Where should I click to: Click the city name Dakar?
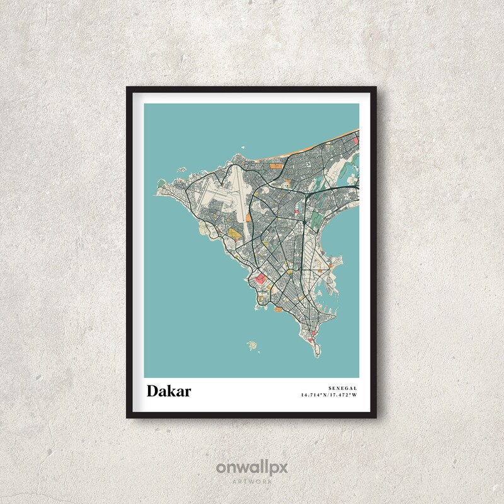pos(169,391)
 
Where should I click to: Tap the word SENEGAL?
pos(343,387)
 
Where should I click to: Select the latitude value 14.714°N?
pos(314,395)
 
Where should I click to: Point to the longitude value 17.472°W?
pos(343,395)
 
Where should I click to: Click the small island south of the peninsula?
pos(253,345)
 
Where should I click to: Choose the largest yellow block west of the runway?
pos(234,234)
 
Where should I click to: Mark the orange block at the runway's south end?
pos(248,217)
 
